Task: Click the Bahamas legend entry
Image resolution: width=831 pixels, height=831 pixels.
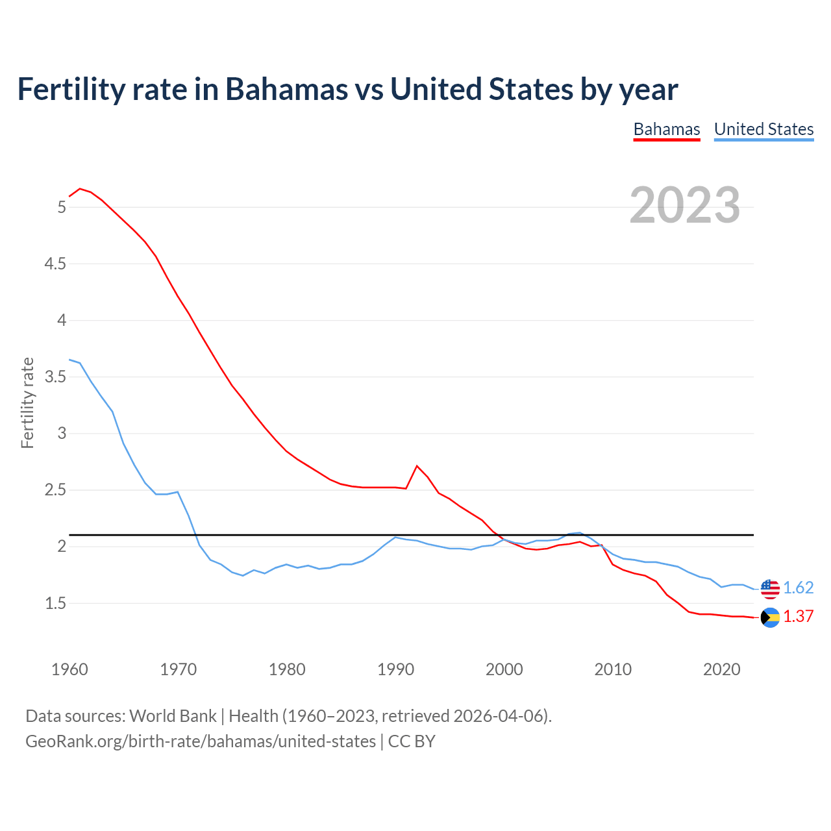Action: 667,129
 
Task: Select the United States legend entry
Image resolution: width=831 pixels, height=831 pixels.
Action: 763,129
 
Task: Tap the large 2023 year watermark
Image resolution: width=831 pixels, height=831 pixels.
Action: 685,205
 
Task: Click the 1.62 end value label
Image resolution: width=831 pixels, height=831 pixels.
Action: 798,588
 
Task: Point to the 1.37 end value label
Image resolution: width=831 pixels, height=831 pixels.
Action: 798,616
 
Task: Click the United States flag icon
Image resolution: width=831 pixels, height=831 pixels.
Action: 770,588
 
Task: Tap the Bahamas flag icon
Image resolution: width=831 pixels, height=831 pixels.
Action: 770,617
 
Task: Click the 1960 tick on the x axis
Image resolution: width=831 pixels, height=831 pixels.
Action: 69,669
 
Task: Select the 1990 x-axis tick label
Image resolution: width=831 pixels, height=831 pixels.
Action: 395,669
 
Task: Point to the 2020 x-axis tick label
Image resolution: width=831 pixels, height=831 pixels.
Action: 721,669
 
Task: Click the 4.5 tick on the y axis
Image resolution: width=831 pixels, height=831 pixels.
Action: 55,264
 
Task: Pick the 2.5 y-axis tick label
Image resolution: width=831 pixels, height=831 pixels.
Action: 55,490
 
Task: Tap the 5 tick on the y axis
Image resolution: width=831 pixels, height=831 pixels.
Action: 62,207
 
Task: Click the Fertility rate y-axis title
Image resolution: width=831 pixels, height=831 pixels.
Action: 27,403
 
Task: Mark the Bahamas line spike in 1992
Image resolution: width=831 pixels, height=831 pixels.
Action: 417,465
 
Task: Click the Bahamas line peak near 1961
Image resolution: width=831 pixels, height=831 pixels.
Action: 80,189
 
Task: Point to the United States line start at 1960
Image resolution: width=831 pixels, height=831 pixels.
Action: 69,360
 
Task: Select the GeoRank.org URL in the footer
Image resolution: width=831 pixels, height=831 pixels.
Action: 201,741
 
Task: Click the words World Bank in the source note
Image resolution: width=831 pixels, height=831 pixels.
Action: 173,715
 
